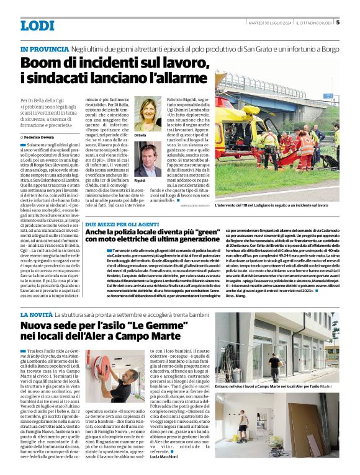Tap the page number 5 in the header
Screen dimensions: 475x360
[338, 23]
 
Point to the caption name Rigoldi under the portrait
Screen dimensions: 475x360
[140, 180]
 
